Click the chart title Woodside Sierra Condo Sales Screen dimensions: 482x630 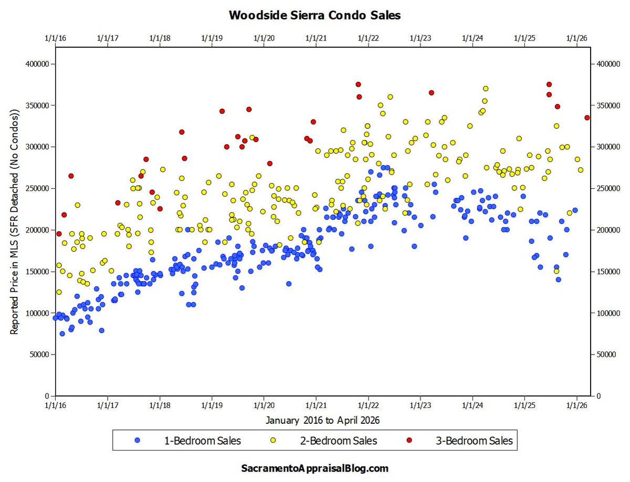(314, 15)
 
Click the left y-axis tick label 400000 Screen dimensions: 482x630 (36, 64)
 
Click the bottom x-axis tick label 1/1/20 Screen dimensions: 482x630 (264, 406)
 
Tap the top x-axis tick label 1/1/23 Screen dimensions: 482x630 (420, 38)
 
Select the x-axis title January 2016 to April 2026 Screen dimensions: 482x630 (322, 420)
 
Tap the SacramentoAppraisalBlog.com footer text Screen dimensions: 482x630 (314, 467)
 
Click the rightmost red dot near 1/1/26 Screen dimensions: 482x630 (587, 117)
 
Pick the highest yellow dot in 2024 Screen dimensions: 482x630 (486, 89)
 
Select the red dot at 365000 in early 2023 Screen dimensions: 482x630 (432, 92)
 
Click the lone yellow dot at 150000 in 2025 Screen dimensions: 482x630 (556, 271)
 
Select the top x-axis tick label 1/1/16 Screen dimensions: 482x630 (55, 38)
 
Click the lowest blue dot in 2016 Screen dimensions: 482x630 (62, 334)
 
